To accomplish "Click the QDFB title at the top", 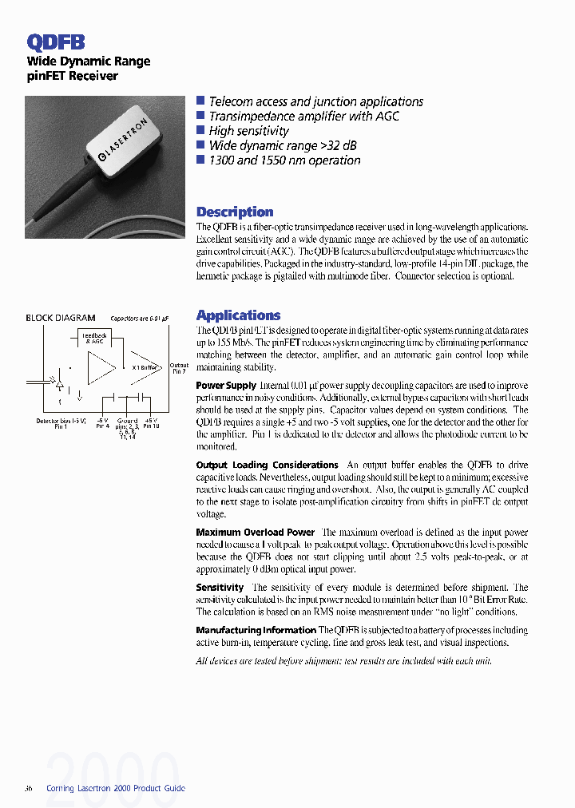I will click(56, 42).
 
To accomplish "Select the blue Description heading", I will click(235, 212).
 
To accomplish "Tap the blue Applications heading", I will click(238, 315).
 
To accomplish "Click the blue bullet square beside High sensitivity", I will click(200, 130).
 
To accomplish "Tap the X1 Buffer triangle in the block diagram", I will click(145, 366).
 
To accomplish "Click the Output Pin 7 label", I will click(179, 368).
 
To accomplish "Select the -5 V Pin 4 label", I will click(102, 423).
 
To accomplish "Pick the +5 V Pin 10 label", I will click(151, 423).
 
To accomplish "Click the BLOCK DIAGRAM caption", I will click(61, 318).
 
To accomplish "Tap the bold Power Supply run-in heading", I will click(226, 386).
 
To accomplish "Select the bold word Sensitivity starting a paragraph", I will click(220, 587).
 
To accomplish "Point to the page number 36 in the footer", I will click(30, 788).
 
